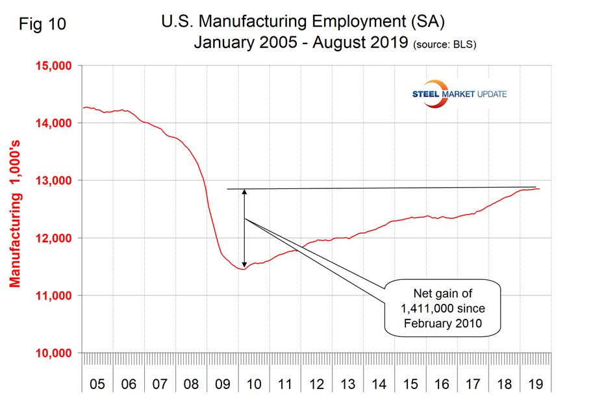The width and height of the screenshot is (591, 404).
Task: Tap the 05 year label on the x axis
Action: point(97,384)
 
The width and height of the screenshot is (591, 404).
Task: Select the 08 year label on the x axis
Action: point(191,384)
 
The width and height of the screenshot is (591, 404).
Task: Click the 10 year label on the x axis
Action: point(254,384)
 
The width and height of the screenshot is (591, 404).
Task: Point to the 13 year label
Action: point(347,384)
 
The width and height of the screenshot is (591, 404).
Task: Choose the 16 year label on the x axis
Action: point(442,384)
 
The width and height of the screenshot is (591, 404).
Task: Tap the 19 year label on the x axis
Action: point(536,384)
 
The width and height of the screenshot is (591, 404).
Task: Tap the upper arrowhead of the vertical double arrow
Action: point(244,192)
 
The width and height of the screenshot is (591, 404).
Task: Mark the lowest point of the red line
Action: point(242,269)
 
